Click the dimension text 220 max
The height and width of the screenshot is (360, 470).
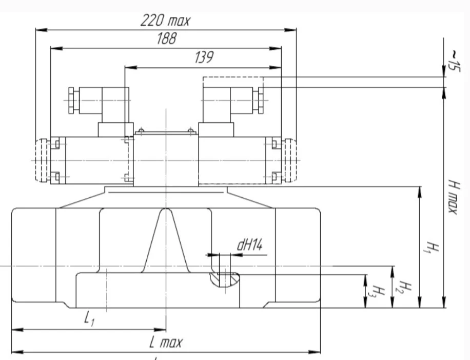click(x=165, y=21)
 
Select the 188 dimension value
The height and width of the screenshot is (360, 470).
click(x=166, y=40)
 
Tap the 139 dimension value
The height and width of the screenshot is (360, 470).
click(x=204, y=58)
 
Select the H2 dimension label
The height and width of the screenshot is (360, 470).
click(x=404, y=289)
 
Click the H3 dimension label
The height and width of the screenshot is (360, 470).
click(x=377, y=292)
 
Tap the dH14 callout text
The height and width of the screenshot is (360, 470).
click(x=249, y=245)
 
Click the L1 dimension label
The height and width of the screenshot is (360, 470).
click(x=90, y=319)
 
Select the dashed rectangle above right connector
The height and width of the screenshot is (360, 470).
click(x=233, y=82)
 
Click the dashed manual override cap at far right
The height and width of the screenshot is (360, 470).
click(x=290, y=160)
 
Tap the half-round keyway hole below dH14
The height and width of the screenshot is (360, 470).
click(x=224, y=279)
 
